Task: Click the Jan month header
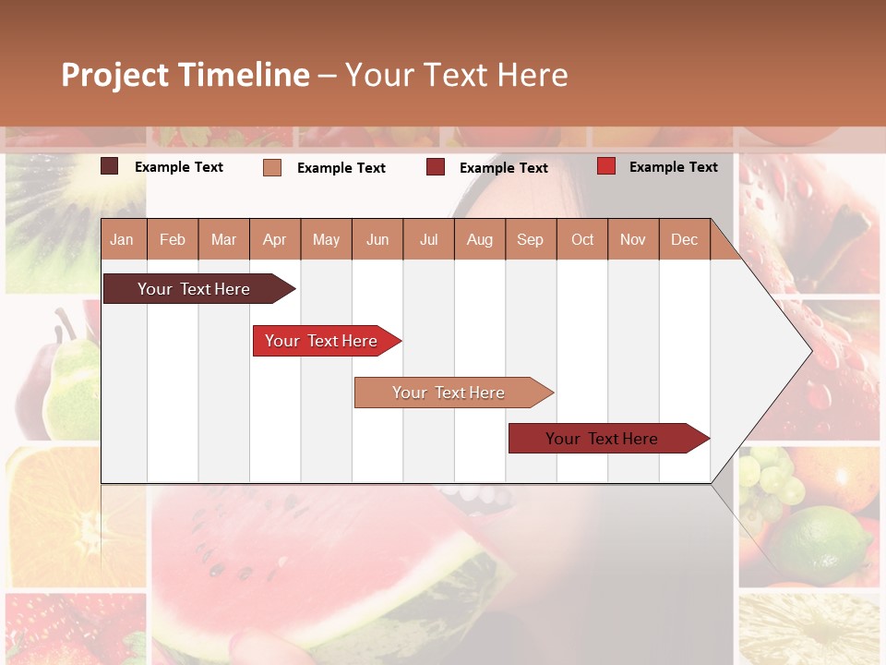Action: pos(122,239)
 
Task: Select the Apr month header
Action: pos(274,239)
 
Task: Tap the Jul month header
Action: pos(428,239)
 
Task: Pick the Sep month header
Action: pos(530,239)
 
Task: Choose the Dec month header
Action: pos(684,239)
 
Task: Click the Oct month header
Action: pos(582,239)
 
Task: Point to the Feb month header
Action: pos(173,239)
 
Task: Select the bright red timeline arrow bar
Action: pos(324,341)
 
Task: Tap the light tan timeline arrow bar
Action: pos(450,393)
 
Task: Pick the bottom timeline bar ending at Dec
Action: pos(605,439)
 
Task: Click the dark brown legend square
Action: pos(110,166)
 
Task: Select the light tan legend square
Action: pos(272,167)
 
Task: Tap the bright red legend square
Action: pos(605,166)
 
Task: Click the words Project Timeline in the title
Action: pos(186,75)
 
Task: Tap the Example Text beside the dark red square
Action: pos(503,167)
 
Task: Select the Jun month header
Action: pos(377,239)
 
